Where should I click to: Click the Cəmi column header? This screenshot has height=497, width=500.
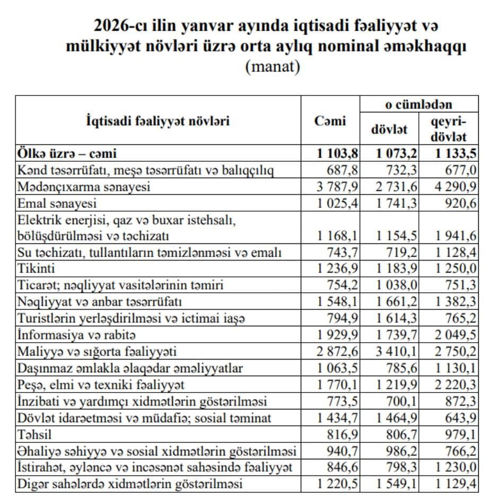pos(330,121)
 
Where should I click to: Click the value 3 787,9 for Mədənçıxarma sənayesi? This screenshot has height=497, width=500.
pos(338,187)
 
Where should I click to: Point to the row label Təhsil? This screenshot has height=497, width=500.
pos(33,434)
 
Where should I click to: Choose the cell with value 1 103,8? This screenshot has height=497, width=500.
pos(338,154)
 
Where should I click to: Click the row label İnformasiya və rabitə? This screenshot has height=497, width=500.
pos(76,335)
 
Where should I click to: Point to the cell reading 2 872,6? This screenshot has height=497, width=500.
pos(338,352)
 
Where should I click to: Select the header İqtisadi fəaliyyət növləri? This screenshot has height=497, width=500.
pos(158,121)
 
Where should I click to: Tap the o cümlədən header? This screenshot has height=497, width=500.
pos(419,104)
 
